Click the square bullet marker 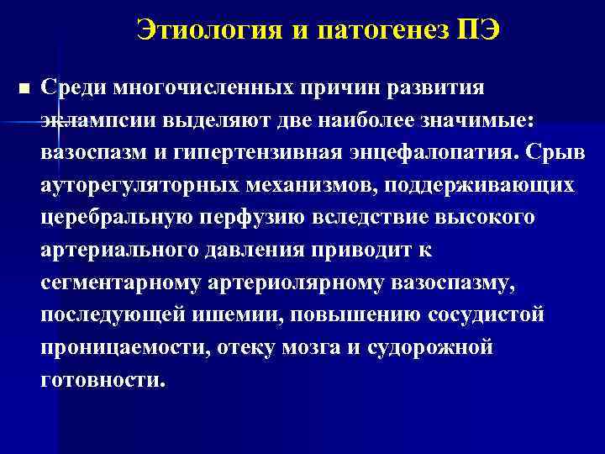[23, 88]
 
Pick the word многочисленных [201, 87]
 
